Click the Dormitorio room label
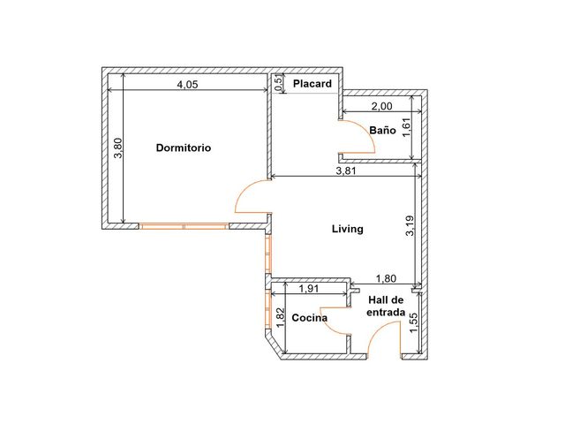[184, 148]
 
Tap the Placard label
[312, 84]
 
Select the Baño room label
[382, 130]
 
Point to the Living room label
[347, 229]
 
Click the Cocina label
[310, 318]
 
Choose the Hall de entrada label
[386, 306]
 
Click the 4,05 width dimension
[187, 85]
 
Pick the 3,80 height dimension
[118, 148]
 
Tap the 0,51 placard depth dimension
[278, 83]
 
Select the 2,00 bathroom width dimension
[381, 106]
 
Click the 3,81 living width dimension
[346, 170]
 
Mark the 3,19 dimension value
[410, 226]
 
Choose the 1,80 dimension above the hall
[386, 278]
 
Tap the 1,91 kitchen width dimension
[309, 289]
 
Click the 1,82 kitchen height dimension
[281, 317]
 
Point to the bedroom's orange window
[184, 226]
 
